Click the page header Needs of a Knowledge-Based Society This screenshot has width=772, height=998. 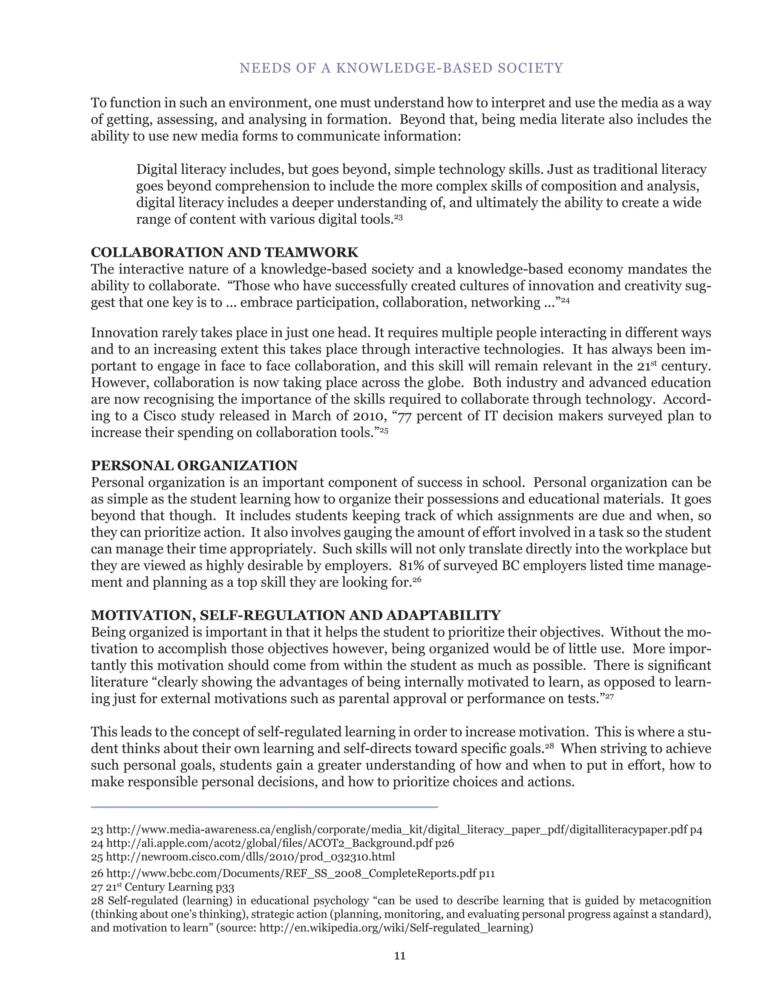(x=401, y=68)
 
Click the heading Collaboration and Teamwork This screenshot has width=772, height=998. (x=225, y=252)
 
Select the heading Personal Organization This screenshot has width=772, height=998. (x=194, y=465)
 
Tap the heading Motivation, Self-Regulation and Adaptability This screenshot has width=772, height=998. (x=296, y=615)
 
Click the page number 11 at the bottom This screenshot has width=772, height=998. (x=400, y=956)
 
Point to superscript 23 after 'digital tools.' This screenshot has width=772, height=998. (x=398, y=217)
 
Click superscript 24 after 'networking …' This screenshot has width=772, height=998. (x=566, y=300)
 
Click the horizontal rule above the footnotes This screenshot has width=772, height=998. (x=264, y=807)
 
